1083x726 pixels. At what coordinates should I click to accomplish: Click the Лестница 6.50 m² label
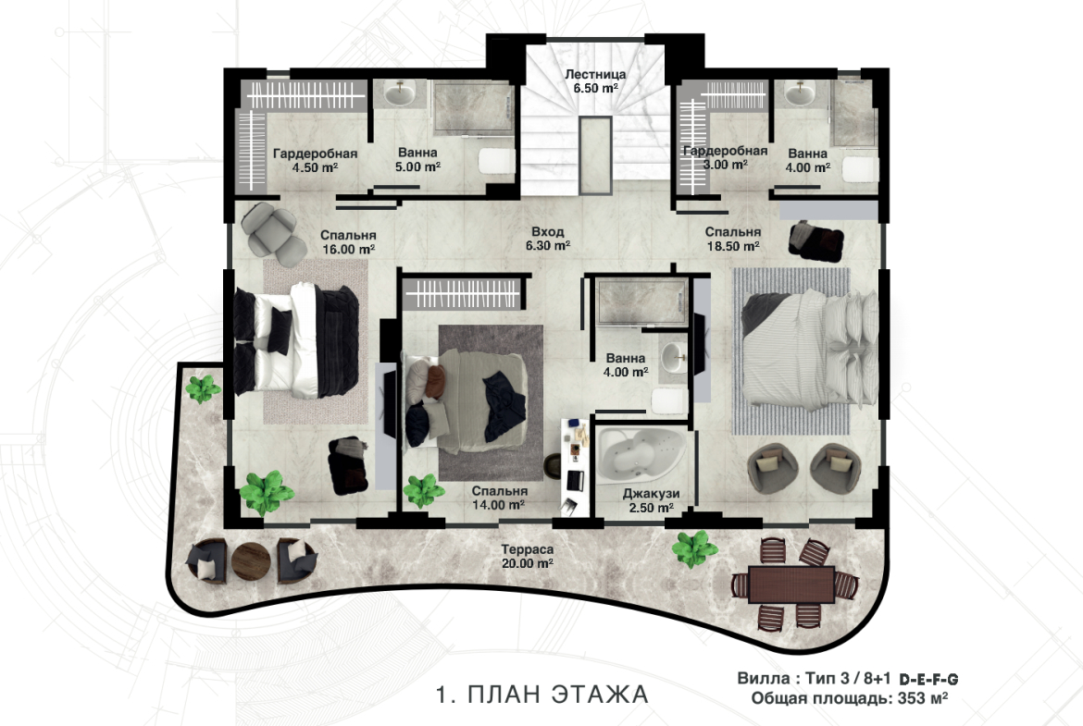click(594, 80)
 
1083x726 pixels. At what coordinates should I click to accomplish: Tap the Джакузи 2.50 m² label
click(651, 501)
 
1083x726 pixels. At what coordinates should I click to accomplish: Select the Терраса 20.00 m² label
click(527, 556)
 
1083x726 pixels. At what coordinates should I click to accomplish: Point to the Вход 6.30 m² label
click(547, 239)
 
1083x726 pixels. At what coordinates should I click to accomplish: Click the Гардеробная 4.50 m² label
click(315, 160)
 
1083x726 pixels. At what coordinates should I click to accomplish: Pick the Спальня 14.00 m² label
click(499, 498)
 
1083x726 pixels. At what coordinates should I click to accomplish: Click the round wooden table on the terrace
click(252, 560)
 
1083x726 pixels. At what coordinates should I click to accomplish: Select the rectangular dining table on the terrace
click(791, 584)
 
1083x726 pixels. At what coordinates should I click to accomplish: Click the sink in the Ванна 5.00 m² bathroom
click(399, 93)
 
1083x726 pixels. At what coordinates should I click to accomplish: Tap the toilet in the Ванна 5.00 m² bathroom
click(496, 162)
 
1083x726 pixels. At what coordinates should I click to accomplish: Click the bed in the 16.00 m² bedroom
click(295, 341)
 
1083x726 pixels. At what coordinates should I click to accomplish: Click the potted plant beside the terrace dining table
click(695, 548)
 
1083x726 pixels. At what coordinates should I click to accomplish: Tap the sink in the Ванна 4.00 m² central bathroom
click(674, 359)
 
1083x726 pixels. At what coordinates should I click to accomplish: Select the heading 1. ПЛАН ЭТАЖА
click(542, 694)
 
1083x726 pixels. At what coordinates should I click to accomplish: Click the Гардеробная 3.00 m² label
click(725, 158)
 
